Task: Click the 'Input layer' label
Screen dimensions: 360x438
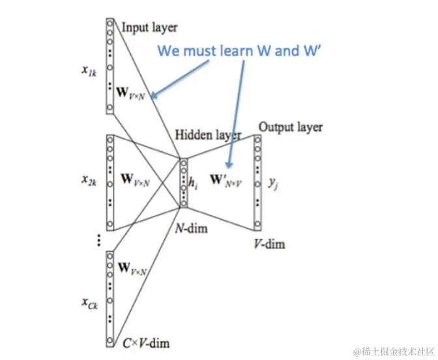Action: coord(149,27)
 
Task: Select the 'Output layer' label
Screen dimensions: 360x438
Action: coord(290,127)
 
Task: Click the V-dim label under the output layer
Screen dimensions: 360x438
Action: coord(269,245)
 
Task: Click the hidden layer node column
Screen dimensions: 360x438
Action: coord(184,183)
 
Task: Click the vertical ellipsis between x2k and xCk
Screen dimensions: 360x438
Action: coord(99,240)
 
